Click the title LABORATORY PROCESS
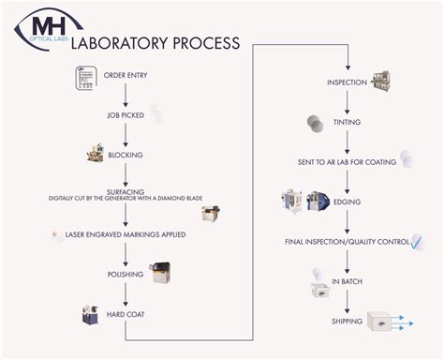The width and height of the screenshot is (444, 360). tap(165, 43)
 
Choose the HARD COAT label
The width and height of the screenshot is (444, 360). tap(126, 314)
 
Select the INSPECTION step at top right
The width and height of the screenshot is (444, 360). tap(347, 82)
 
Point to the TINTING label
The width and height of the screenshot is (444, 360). tap(347, 122)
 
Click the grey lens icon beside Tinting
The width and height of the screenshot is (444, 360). tap(315, 123)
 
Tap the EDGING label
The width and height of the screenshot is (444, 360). tap(347, 202)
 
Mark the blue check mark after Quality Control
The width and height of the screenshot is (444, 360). tap(419, 242)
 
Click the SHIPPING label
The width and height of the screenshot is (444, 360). tap(347, 322)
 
